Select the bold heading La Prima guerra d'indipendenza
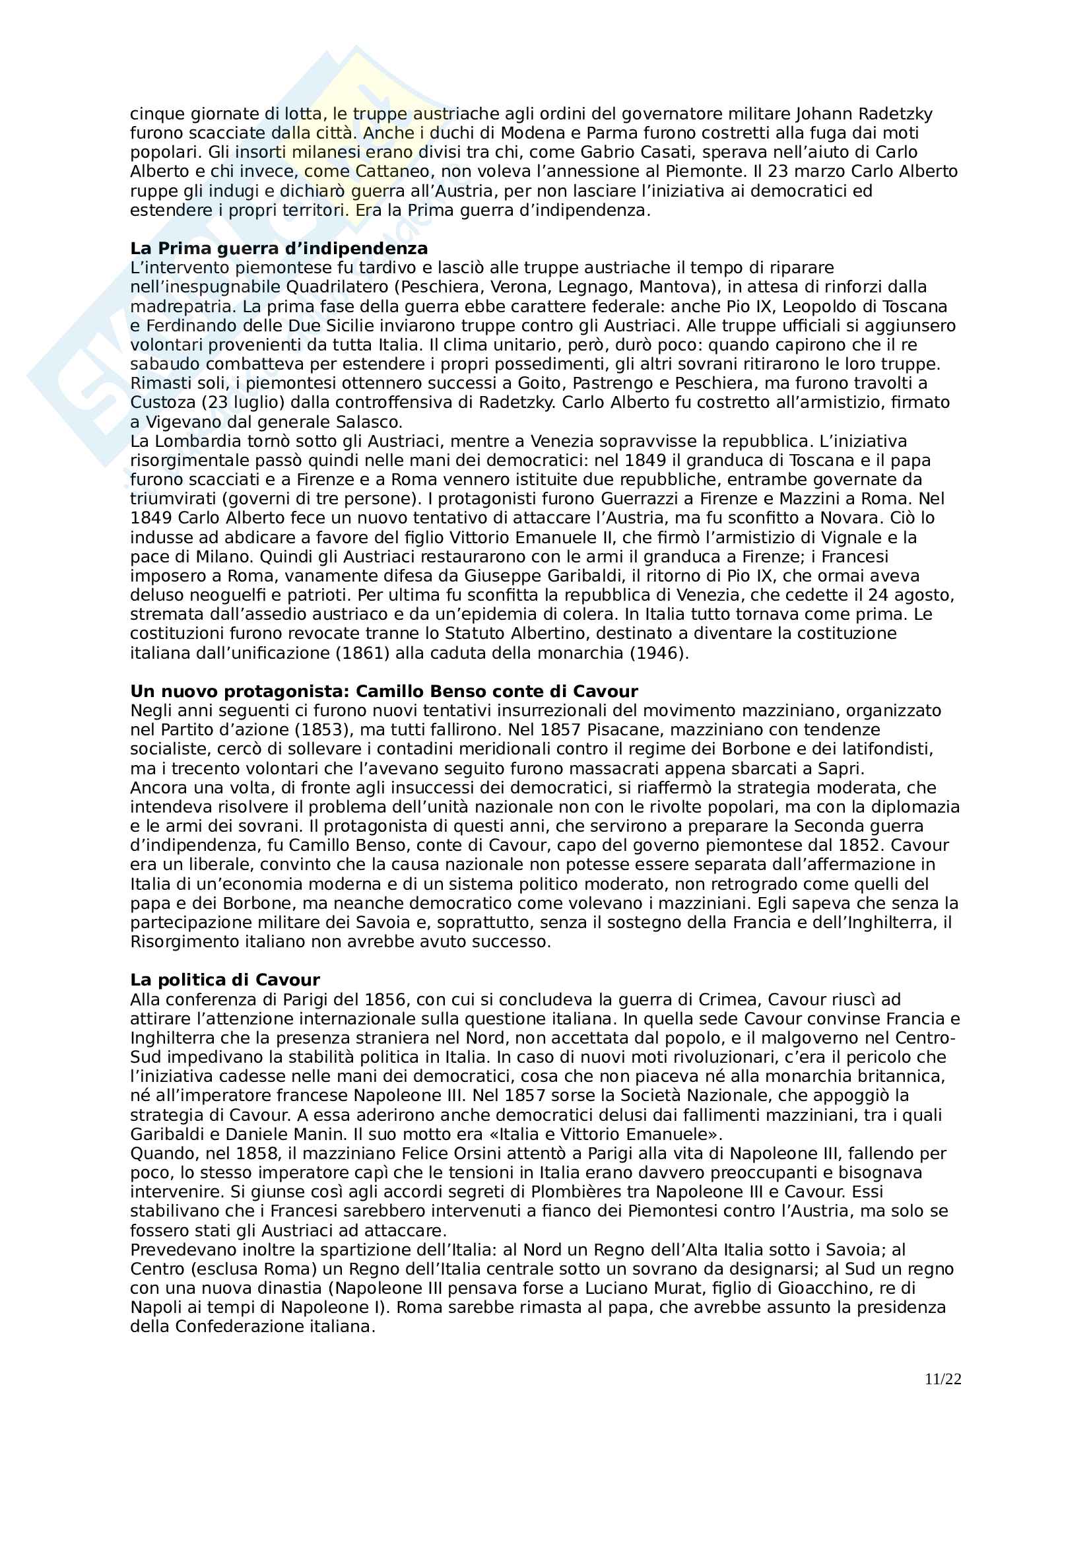pos(279,249)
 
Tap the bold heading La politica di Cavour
pos(225,980)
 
